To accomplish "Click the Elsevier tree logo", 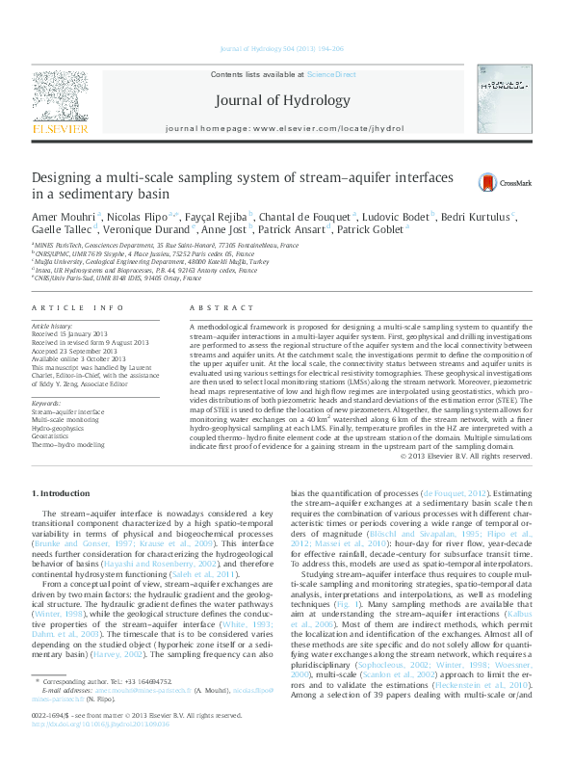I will point(61,95).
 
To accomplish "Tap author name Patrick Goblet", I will point(376,231).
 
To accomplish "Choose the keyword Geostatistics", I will point(54,435).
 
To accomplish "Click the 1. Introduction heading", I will point(61,493).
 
